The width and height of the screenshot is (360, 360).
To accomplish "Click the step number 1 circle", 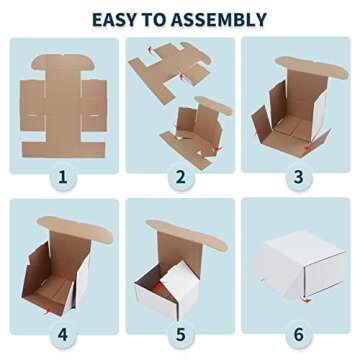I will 63,179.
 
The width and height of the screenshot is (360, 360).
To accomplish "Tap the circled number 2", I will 180,179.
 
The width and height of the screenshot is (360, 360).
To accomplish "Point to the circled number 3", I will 297,179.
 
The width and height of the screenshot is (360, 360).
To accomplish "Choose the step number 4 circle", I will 63,333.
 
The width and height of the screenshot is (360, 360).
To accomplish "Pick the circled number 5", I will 180,333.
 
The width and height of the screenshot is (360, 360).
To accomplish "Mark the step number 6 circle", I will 297,333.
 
